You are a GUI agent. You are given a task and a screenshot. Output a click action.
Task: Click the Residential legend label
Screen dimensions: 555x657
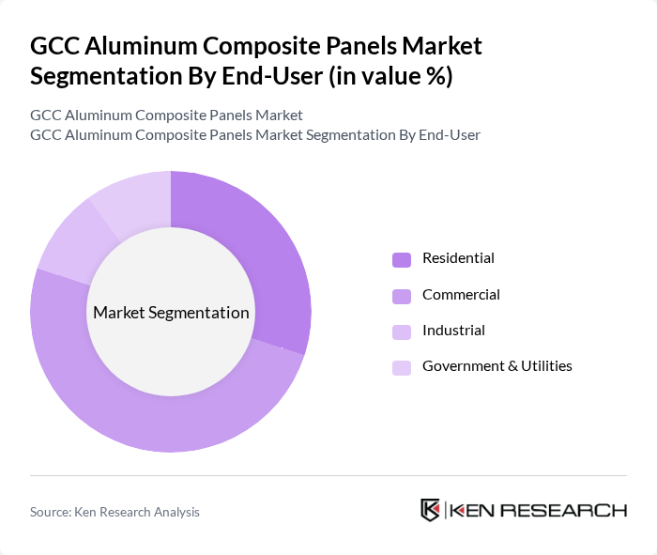[458, 258]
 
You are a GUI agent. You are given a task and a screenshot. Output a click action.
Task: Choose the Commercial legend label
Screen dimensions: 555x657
[461, 295]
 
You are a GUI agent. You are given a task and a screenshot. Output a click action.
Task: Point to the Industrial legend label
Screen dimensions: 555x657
[453, 331]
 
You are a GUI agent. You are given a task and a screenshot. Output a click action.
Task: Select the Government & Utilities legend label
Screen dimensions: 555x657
[497, 366]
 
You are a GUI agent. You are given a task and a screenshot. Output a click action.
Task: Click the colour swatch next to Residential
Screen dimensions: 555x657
[402, 259]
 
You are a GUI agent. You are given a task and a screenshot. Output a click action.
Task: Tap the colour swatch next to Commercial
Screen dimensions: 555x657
[402, 296]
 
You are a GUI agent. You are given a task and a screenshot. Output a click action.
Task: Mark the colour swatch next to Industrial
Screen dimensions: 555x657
[402, 331]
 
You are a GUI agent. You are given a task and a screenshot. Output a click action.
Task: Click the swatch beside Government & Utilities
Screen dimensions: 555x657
[402, 367]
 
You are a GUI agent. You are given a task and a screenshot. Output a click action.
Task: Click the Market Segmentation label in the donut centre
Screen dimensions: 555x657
[171, 313]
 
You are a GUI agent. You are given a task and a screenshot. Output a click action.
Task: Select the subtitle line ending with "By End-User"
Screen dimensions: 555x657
[255, 135]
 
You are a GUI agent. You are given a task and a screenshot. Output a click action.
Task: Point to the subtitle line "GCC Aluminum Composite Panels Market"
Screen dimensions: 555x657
[166, 116]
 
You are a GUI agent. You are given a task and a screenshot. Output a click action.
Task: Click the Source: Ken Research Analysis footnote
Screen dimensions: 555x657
[115, 512]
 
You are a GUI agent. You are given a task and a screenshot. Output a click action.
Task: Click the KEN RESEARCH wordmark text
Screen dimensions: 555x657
[538, 510]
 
